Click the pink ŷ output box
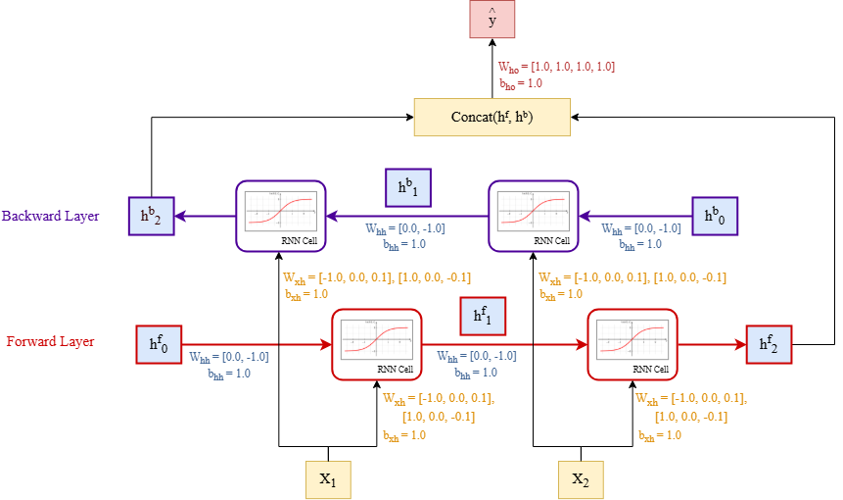[x=492, y=21]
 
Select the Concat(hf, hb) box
[x=492, y=118]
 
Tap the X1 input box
[x=328, y=479]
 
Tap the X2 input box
[x=582, y=479]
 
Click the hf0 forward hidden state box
[x=158, y=344]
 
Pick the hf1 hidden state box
[x=483, y=316]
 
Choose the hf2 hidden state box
[x=768, y=344]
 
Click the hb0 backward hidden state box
[x=715, y=216]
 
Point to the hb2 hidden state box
[x=151, y=216]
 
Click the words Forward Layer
[x=51, y=342]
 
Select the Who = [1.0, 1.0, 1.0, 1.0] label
[x=556, y=67]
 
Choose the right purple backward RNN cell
[x=534, y=215]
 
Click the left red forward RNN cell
[x=377, y=344]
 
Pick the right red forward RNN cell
[x=632, y=344]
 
